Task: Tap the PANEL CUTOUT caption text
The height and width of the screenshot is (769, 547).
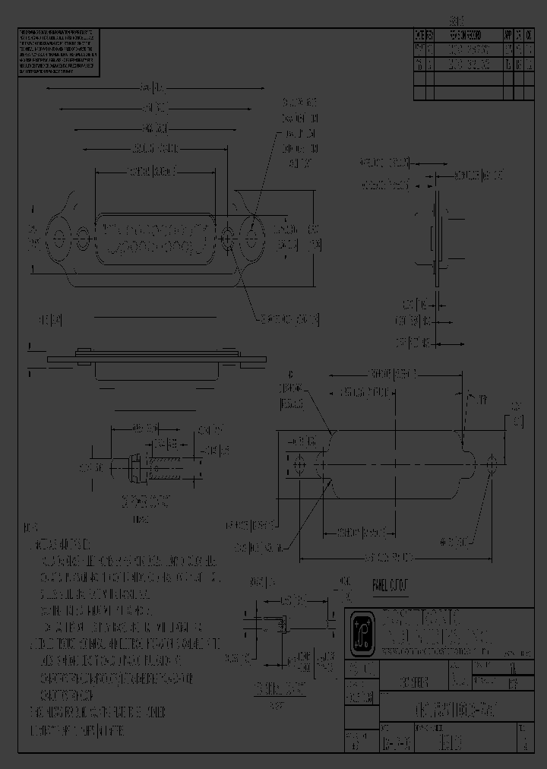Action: (x=390, y=584)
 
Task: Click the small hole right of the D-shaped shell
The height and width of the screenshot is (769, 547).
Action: (x=226, y=238)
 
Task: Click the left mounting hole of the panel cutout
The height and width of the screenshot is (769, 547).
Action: (x=298, y=464)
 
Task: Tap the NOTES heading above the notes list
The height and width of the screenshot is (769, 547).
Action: (x=31, y=527)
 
